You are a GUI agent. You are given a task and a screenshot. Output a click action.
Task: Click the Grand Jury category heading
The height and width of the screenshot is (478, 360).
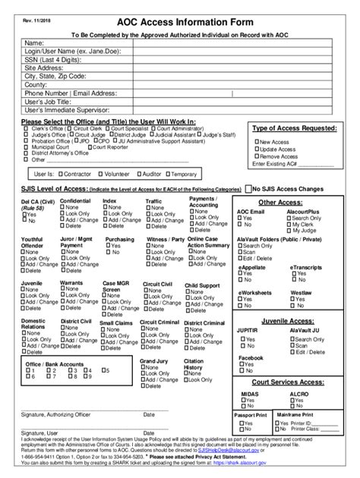coord(153,361)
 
